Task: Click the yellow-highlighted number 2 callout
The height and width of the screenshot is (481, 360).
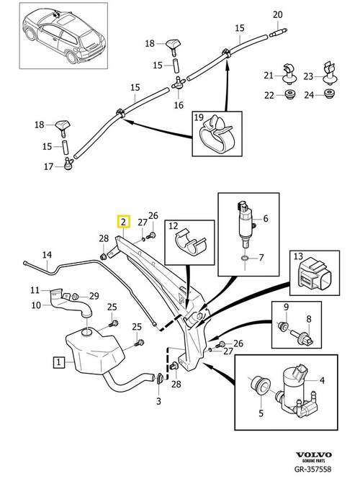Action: (x=123, y=222)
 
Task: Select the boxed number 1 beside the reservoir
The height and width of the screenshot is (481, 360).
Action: (x=58, y=362)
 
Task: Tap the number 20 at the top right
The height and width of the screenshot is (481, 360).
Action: (x=277, y=14)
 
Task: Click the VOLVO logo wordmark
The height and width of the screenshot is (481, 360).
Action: (x=313, y=454)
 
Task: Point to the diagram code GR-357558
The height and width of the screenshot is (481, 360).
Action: (x=312, y=469)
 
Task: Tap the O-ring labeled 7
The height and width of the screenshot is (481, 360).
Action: (x=245, y=259)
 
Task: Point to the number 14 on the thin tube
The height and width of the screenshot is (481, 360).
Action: (x=47, y=255)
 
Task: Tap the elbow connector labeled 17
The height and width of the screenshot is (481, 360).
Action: (x=68, y=163)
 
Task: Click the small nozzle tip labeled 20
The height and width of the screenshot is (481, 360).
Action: (x=278, y=32)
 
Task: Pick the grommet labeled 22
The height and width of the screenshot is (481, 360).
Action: (x=289, y=94)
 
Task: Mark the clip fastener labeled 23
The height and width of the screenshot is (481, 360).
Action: (x=330, y=73)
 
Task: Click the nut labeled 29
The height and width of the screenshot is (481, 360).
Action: (x=75, y=297)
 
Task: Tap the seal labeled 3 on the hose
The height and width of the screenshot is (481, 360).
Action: (x=160, y=379)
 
